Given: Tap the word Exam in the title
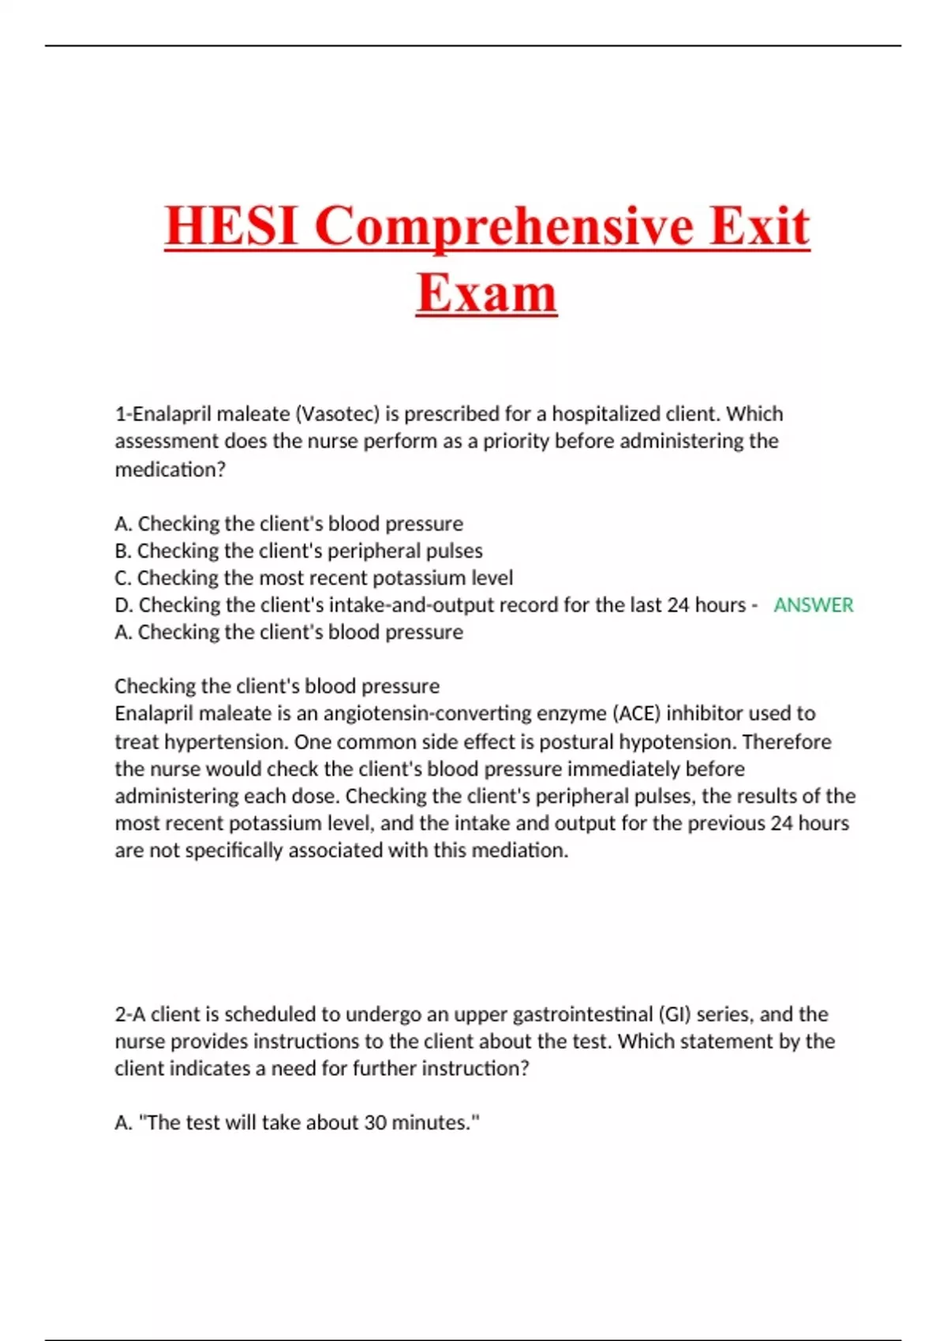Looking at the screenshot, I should tap(486, 293).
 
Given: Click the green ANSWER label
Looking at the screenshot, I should tap(813, 605).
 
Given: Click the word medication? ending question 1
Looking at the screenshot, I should tap(170, 469).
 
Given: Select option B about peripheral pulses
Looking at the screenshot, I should tap(298, 551).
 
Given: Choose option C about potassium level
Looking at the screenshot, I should tap(313, 578).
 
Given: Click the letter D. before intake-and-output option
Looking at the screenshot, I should tap(124, 605).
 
